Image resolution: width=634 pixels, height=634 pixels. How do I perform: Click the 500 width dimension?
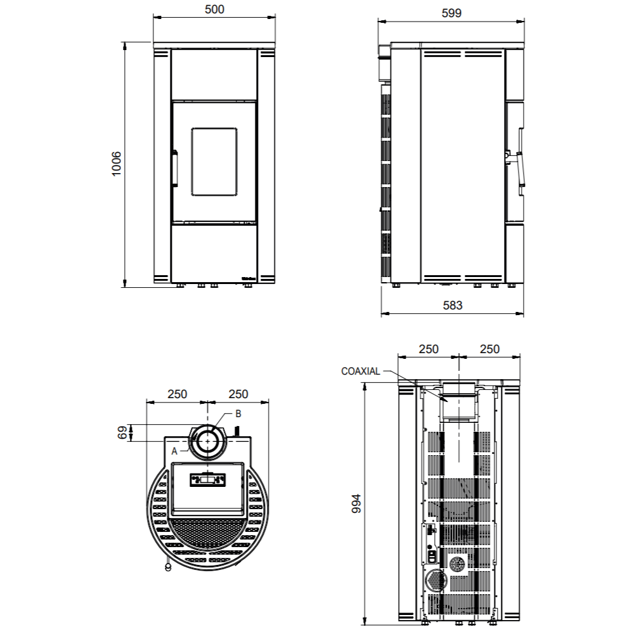[214, 10]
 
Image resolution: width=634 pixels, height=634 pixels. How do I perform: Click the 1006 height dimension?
[116, 164]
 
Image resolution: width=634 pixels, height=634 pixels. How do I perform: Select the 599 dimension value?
[451, 13]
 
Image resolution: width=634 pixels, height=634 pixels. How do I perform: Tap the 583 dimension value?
[453, 306]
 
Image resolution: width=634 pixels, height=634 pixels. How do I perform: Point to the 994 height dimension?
[356, 503]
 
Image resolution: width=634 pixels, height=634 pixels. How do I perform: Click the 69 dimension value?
[122, 432]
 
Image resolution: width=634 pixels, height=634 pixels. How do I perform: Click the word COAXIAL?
[361, 371]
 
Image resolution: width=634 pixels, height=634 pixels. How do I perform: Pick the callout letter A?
[174, 451]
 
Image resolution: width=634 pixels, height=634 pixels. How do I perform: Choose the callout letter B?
[238, 413]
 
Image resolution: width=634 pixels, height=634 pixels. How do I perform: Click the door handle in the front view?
[175, 168]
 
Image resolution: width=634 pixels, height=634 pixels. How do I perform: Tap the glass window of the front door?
[214, 162]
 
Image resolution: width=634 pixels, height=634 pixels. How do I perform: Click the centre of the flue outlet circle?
[208, 441]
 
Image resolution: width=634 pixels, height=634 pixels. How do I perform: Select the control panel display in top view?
[208, 480]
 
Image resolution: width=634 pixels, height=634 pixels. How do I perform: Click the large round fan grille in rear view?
[436, 580]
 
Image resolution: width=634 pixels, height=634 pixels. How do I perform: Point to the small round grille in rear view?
[458, 564]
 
